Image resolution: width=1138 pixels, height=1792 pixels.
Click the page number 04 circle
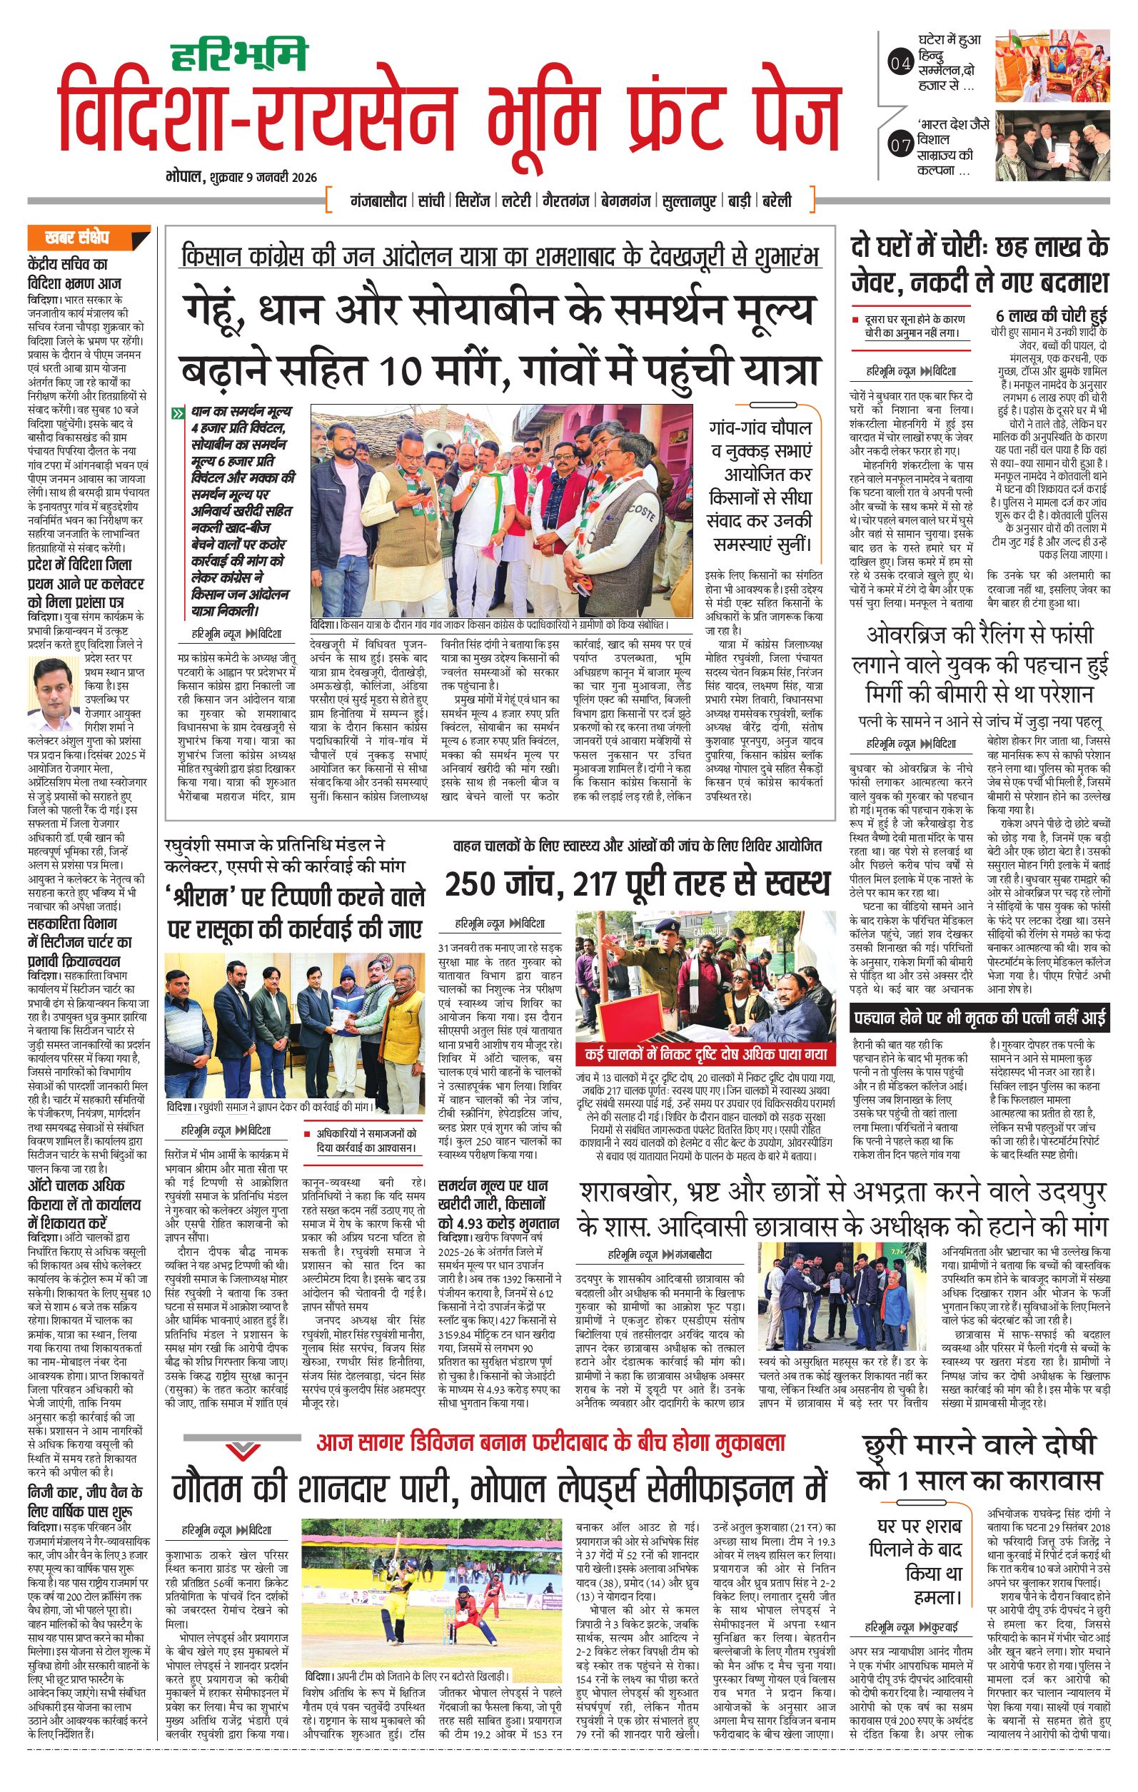coord(900,65)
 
